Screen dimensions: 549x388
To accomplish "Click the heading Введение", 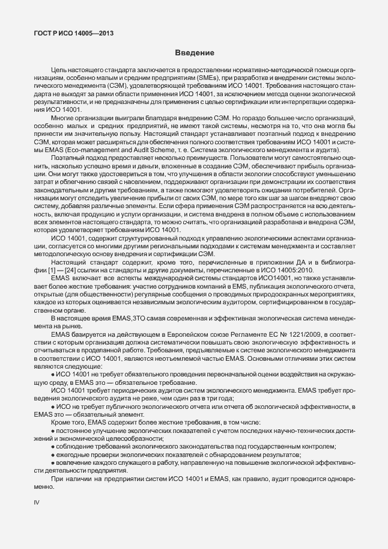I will (194, 54).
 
